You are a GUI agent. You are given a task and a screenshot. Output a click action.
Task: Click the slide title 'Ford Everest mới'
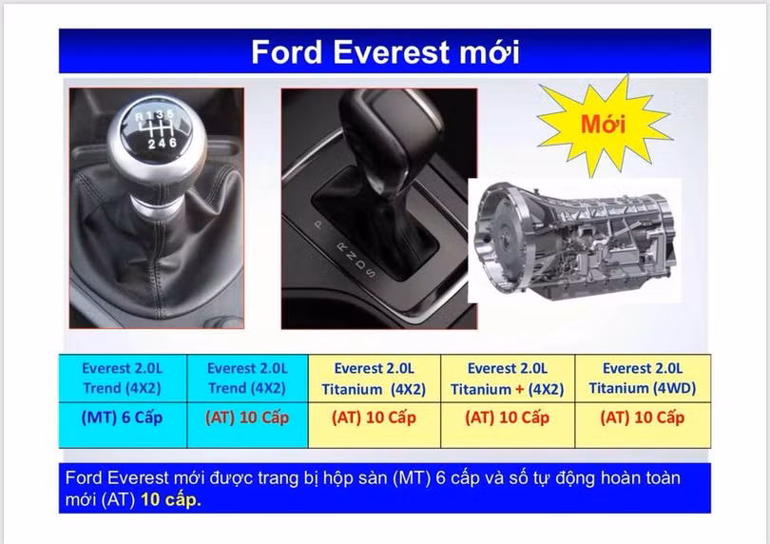pyautogui.click(x=385, y=51)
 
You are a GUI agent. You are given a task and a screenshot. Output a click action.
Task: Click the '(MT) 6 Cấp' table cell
pyautogui.click(x=123, y=418)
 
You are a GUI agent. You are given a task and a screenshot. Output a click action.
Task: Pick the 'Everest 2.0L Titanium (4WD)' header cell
pyautogui.click(x=642, y=378)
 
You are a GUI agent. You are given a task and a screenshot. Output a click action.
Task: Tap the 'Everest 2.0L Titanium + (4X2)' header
pyautogui.click(x=508, y=378)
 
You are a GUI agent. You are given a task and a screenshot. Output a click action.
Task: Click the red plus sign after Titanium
pyautogui.click(x=519, y=388)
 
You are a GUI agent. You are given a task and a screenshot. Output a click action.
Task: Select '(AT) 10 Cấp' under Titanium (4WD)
pyautogui.click(x=642, y=418)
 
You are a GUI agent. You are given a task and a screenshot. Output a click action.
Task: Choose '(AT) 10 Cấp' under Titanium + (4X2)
pyautogui.click(x=508, y=418)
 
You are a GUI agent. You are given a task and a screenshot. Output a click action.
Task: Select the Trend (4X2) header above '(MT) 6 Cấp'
pyautogui.click(x=123, y=378)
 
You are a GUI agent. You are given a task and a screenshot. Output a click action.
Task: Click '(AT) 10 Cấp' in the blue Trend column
pyautogui.click(x=247, y=418)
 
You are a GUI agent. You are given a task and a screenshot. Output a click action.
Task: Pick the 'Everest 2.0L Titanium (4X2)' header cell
pyautogui.click(x=375, y=378)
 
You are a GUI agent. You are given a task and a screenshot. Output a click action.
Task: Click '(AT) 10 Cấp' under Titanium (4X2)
pyautogui.click(x=375, y=418)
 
